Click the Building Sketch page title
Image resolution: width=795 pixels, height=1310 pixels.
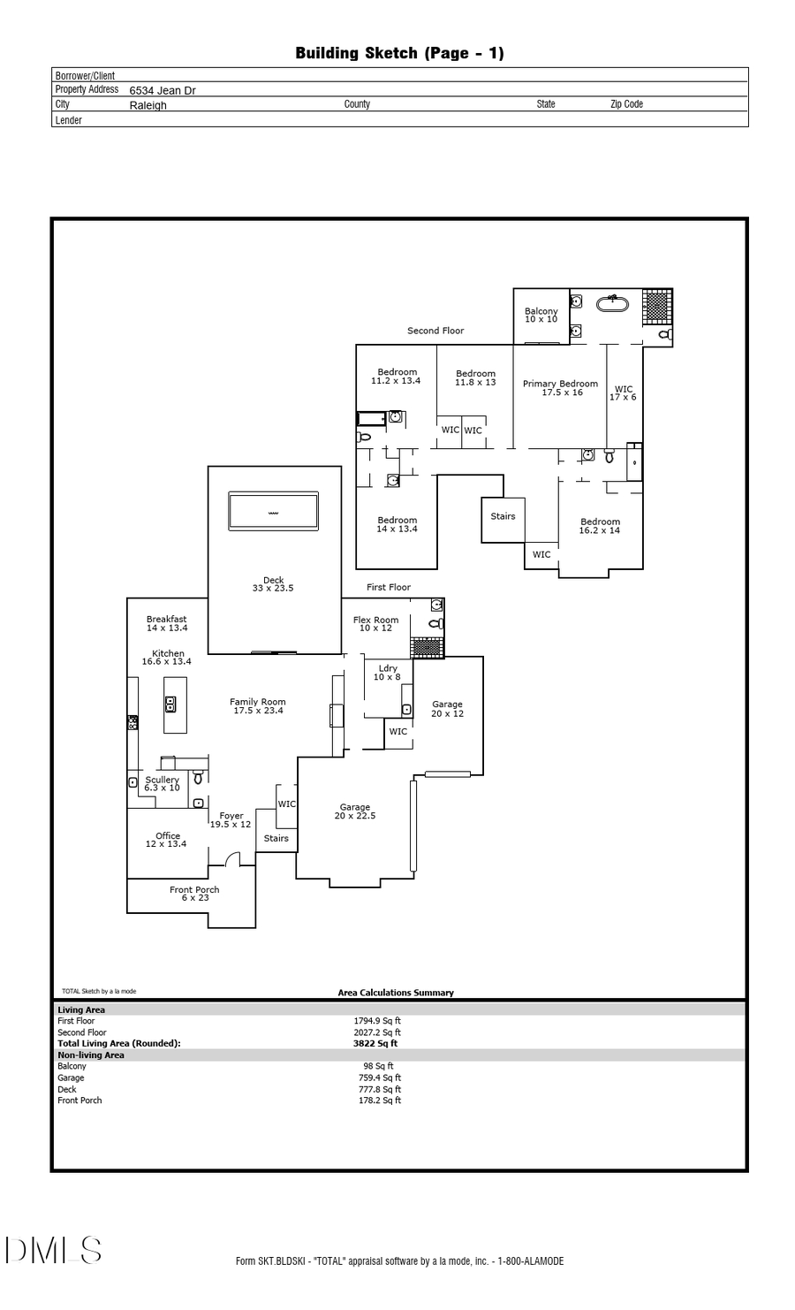pyautogui.click(x=399, y=53)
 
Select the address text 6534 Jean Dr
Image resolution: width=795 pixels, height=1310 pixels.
pyautogui.click(x=163, y=90)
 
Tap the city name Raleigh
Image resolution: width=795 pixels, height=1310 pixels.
pyautogui.click(x=148, y=105)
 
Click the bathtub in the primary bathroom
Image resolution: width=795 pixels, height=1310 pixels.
pyautogui.click(x=612, y=303)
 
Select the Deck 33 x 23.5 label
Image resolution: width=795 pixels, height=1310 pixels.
pyautogui.click(x=273, y=584)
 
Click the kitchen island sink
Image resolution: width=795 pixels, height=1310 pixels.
pyautogui.click(x=170, y=704)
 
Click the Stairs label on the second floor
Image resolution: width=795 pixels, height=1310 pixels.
pyautogui.click(x=503, y=516)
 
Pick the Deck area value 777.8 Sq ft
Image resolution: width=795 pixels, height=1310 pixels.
pyautogui.click(x=379, y=1089)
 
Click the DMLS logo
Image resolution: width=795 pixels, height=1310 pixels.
pyautogui.click(x=54, y=1250)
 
